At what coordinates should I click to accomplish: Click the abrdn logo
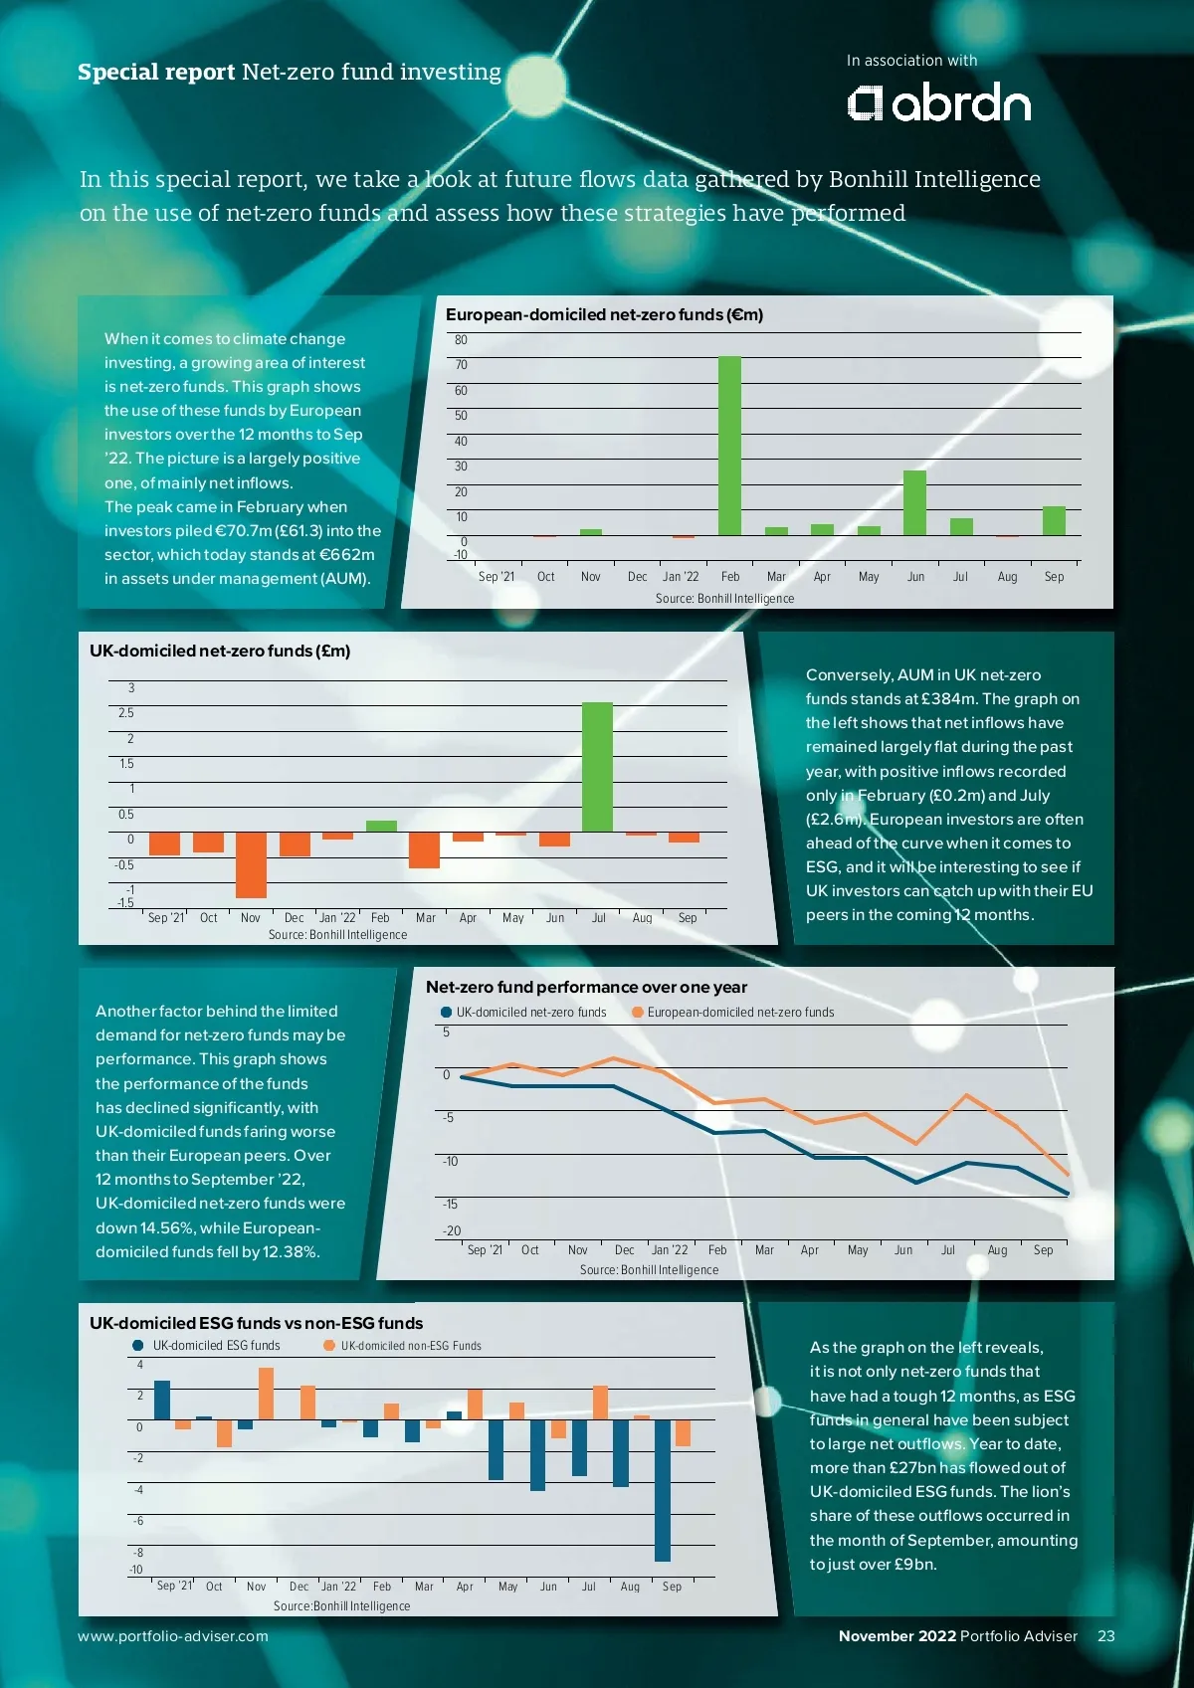point(938,103)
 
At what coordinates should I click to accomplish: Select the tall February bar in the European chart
point(729,446)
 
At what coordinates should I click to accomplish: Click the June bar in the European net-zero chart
point(914,502)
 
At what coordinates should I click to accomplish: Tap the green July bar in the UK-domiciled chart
point(597,767)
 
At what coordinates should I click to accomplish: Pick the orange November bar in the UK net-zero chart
point(251,864)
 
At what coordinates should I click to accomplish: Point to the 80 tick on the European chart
point(461,340)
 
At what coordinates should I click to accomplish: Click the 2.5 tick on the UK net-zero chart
point(125,713)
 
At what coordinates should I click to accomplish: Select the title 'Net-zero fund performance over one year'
point(586,987)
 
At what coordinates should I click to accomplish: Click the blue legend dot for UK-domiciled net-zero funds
point(446,1013)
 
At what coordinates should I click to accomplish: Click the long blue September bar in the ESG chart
point(663,1490)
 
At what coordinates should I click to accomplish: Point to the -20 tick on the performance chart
point(452,1231)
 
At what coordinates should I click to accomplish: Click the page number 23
point(1105,1636)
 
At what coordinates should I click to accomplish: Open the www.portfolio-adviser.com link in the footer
point(173,1636)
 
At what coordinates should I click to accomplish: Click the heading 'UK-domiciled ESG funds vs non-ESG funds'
point(256,1323)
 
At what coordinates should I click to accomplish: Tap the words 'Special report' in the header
point(156,72)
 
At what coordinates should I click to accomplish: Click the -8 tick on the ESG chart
point(138,1553)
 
